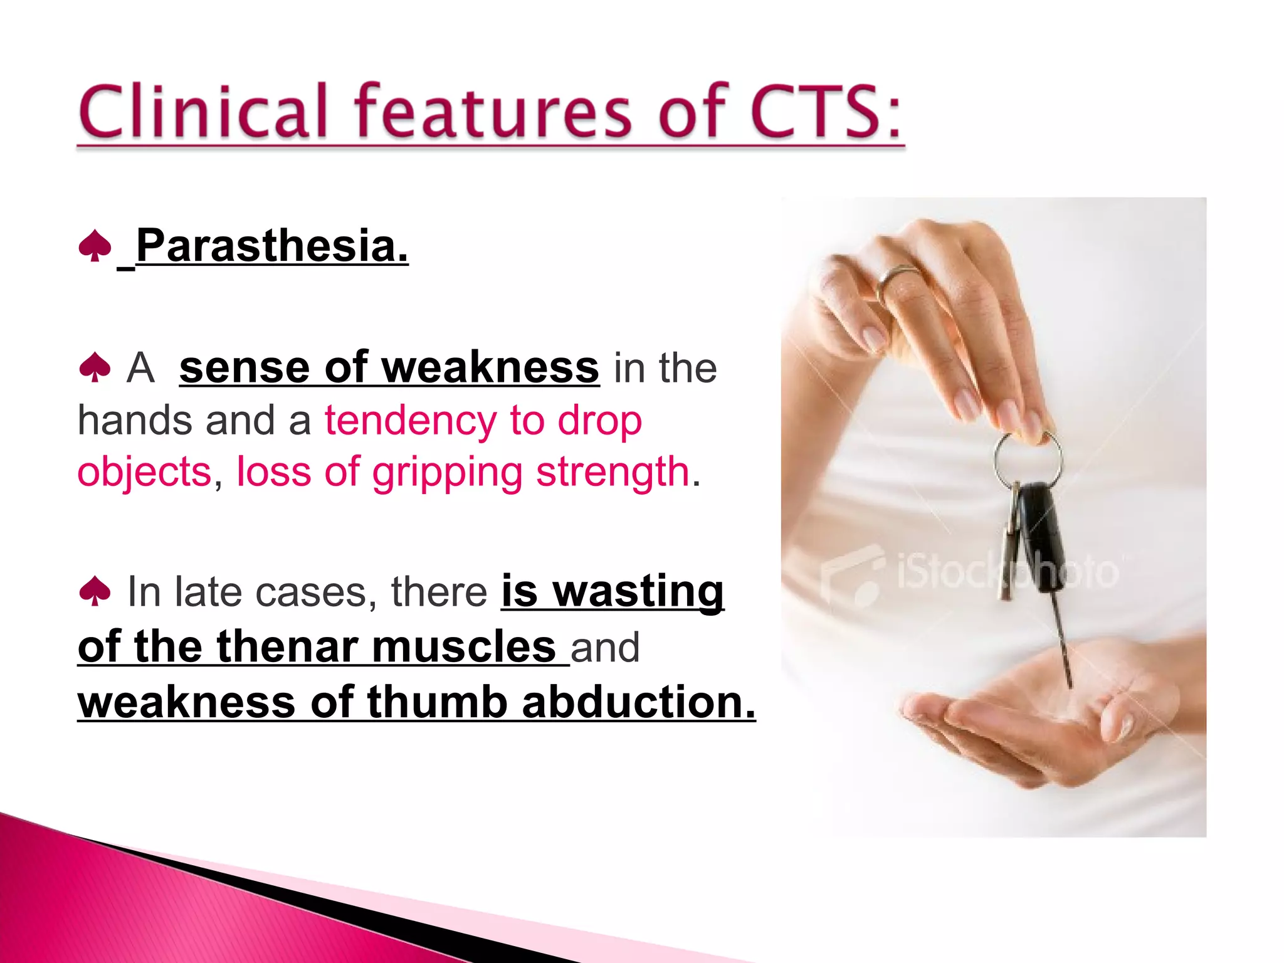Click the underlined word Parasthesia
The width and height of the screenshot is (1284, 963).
pos(272,246)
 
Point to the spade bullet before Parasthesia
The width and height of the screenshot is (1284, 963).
pos(95,246)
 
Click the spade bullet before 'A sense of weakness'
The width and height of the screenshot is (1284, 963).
pos(95,367)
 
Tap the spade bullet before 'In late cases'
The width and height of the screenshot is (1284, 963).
pos(95,591)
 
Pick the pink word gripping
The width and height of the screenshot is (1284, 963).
pos(447,471)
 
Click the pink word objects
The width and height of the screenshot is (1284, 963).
pos(144,471)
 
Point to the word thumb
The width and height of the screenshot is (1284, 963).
pos(437,702)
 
